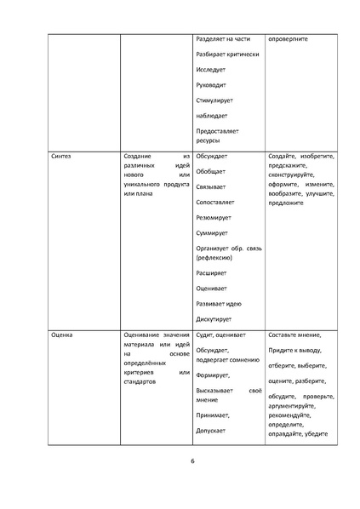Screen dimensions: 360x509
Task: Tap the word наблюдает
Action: pyautogui.click(x=213, y=116)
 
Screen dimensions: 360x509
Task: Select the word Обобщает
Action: pyautogui.click(x=211, y=172)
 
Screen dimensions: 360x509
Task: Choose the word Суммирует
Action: pyautogui.click(x=213, y=232)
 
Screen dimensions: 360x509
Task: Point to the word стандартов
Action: pyautogui.click(x=140, y=381)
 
